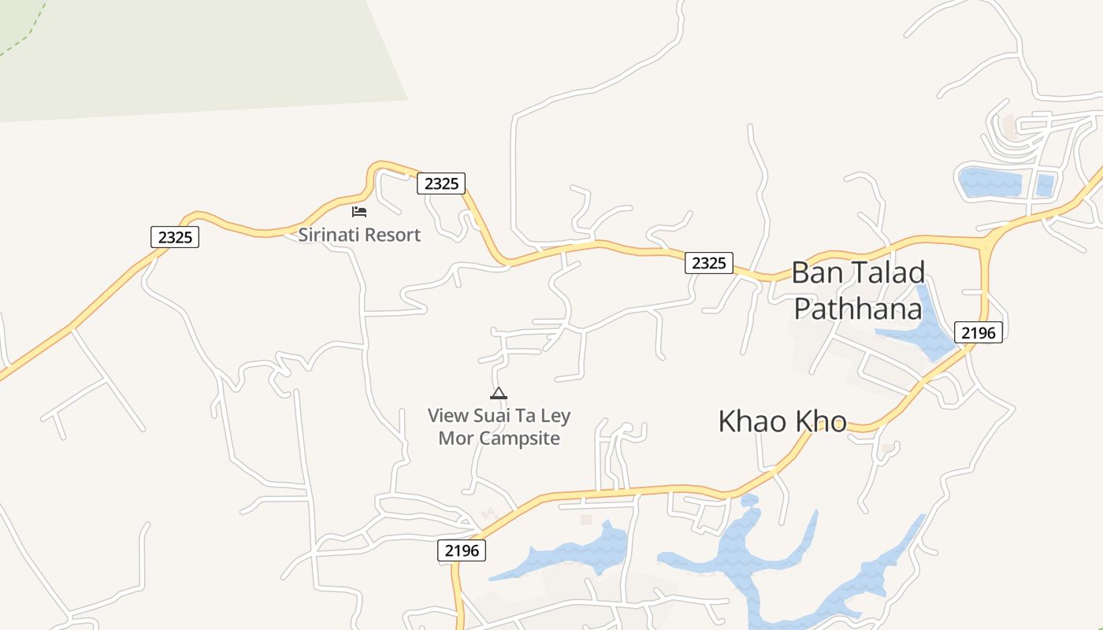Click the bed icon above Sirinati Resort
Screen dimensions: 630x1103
pyautogui.click(x=359, y=211)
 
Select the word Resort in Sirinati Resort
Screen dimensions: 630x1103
pyautogui.click(x=392, y=235)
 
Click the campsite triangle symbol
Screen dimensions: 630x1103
pyautogui.click(x=498, y=394)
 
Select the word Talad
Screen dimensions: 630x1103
pyautogui.click(x=887, y=273)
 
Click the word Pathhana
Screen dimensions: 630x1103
pyautogui.click(x=857, y=309)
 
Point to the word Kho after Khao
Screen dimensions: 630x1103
pyautogui.click(x=822, y=421)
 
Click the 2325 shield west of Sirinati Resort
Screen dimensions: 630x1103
pyautogui.click(x=175, y=237)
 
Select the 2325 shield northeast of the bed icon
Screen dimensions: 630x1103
pyautogui.click(x=441, y=183)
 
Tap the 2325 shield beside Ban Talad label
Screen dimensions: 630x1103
pyautogui.click(x=709, y=263)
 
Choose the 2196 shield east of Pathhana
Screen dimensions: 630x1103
pyautogui.click(x=979, y=332)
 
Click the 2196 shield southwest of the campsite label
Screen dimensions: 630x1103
pyautogui.click(x=462, y=550)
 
